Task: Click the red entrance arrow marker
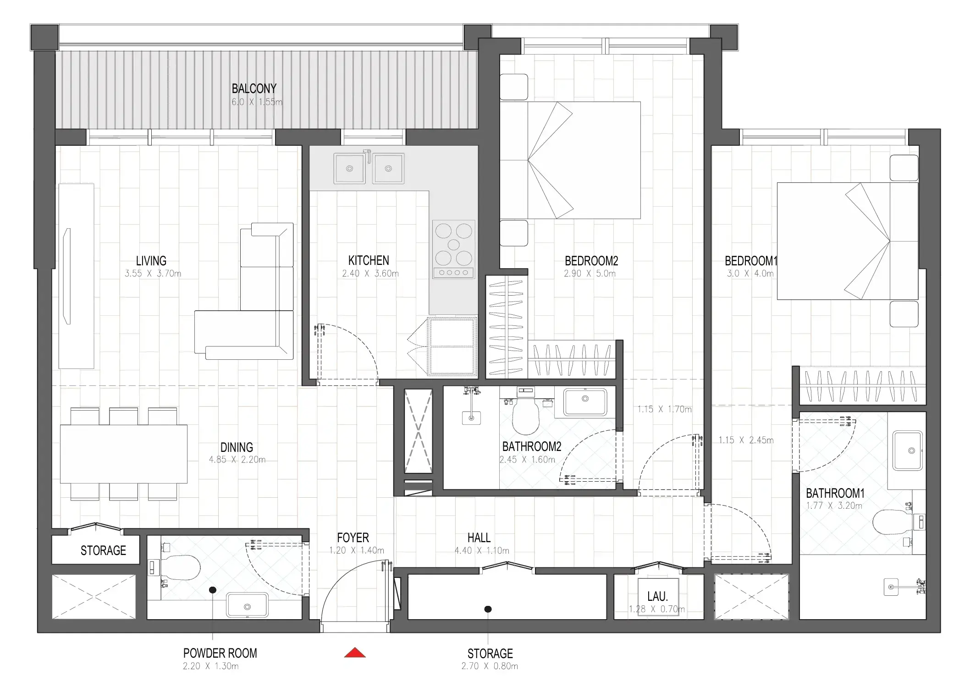pyautogui.click(x=355, y=652)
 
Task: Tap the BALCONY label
pyautogui.click(x=254, y=88)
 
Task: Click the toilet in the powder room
pyautogui.click(x=181, y=568)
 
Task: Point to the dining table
pyautogui.click(x=123, y=454)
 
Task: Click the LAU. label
pyautogui.click(x=657, y=596)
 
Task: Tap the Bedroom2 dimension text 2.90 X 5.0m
pyautogui.click(x=590, y=274)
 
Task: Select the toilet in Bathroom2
pyautogui.click(x=525, y=416)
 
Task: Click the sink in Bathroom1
pyautogui.click(x=907, y=451)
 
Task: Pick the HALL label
pyautogui.click(x=479, y=538)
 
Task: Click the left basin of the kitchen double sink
pyautogui.click(x=349, y=169)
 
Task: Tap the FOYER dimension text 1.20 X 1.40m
pyautogui.click(x=356, y=550)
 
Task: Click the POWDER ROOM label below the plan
pyautogui.click(x=220, y=653)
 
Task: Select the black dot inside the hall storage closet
pyautogui.click(x=488, y=609)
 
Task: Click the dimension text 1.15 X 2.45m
pyautogui.click(x=745, y=440)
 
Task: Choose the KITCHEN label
pyautogui.click(x=368, y=260)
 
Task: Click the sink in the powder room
pyautogui.click(x=247, y=605)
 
